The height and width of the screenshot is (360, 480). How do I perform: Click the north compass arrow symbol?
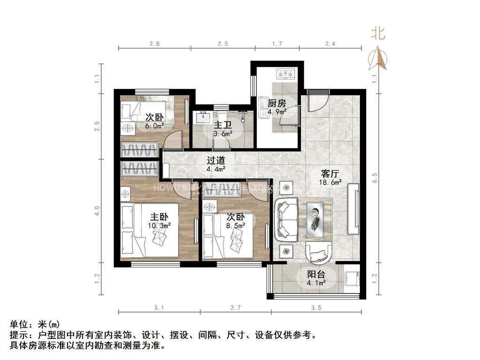(380, 59)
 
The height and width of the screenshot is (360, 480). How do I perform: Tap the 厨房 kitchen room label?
(277, 104)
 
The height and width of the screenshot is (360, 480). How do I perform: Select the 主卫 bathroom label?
(223, 126)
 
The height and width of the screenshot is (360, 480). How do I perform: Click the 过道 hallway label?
(216, 160)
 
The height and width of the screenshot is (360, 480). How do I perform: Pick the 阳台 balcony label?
(316, 274)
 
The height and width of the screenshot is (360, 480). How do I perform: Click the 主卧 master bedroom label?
(159, 217)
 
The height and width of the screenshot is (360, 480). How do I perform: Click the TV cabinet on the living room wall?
(354, 209)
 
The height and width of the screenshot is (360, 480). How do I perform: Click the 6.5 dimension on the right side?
(374, 179)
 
